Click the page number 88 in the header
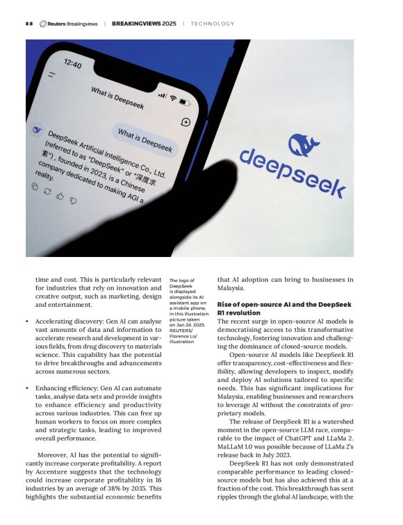tap(28, 24)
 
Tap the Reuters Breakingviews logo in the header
tap(68, 24)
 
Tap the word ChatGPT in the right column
tap(299, 440)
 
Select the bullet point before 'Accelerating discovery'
tap(26, 322)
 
